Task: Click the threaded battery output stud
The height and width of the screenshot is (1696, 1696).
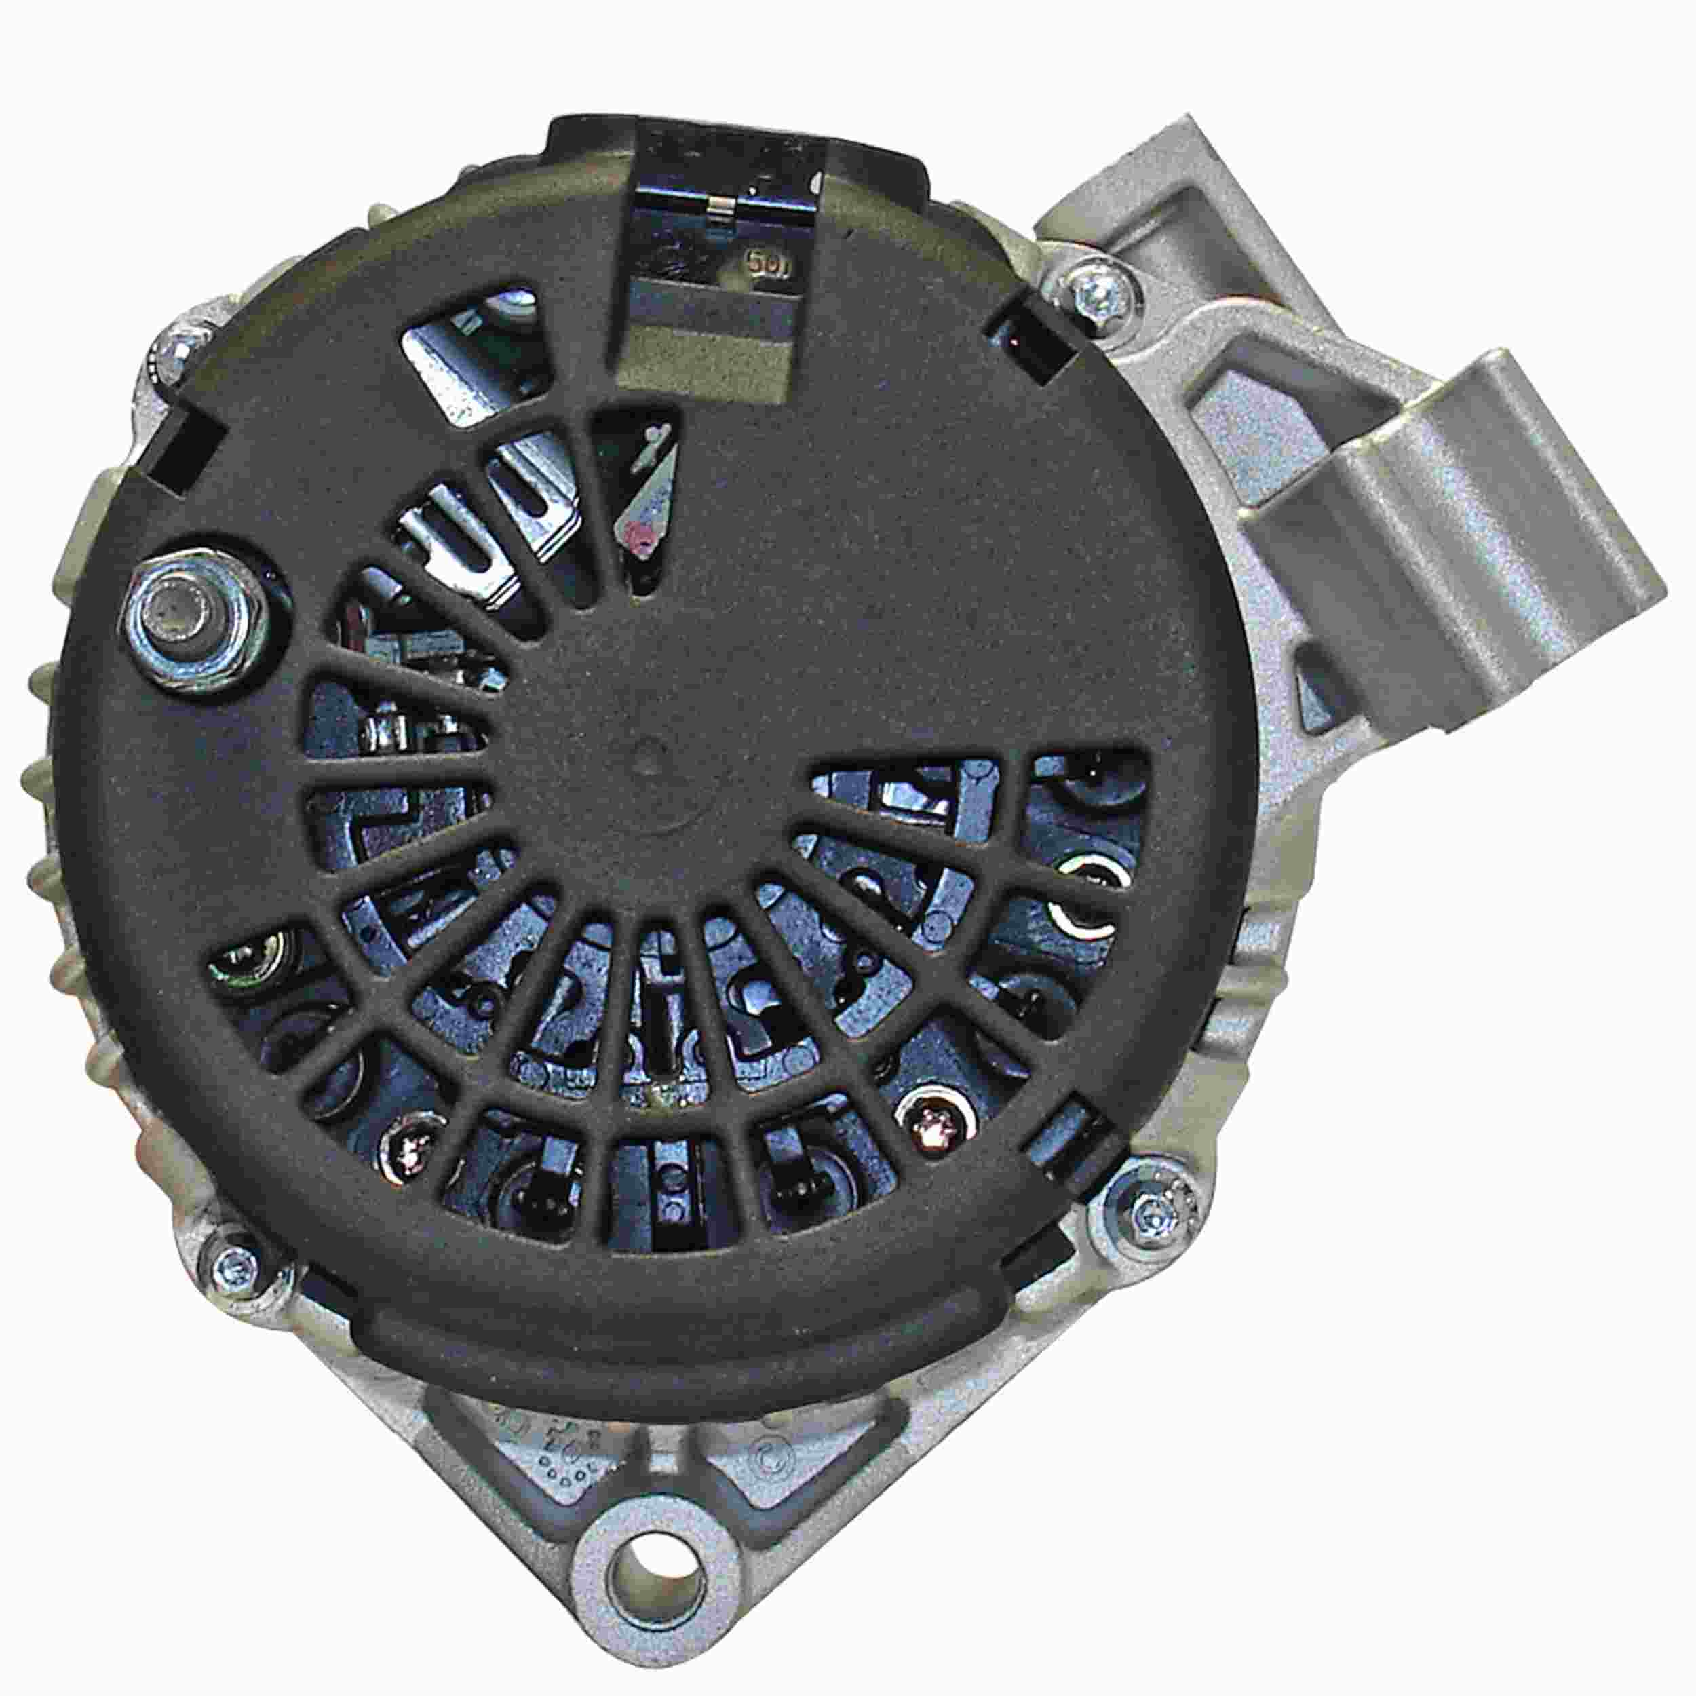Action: coord(188,609)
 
